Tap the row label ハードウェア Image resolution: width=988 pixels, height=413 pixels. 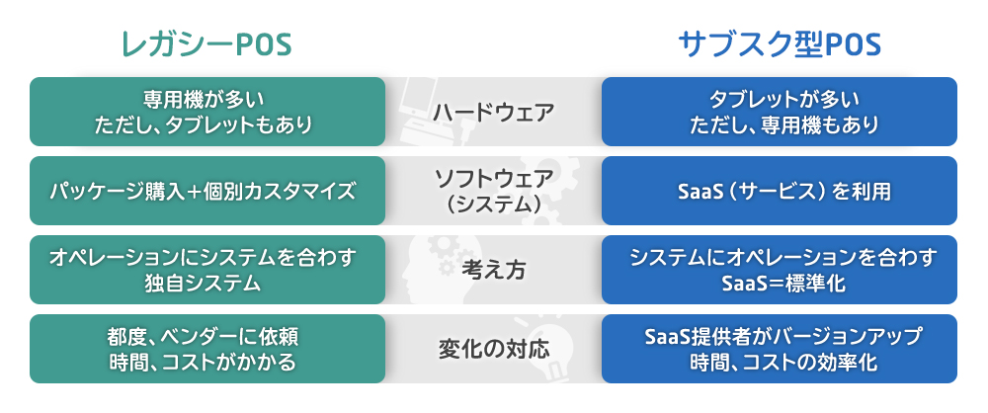(x=493, y=113)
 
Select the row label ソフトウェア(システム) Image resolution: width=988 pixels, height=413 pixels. (x=493, y=191)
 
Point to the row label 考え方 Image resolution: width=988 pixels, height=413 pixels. (x=493, y=270)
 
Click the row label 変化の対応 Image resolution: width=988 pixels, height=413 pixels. (x=493, y=349)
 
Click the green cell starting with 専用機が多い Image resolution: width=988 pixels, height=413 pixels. (x=207, y=112)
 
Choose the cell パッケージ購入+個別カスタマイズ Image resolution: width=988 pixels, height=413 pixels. (x=207, y=191)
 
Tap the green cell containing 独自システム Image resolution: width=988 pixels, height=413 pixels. (x=207, y=270)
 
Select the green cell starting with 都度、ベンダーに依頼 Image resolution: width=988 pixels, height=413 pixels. (x=207, y=349)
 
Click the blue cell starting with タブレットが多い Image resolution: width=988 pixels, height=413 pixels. (x=780, y=112)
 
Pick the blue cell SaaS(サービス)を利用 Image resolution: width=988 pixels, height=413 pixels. (x=780, y=191)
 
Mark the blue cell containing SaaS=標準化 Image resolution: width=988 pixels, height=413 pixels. (x=780, y=270)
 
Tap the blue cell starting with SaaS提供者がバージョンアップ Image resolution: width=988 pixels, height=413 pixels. (x=780, y=349)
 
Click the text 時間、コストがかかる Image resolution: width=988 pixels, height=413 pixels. (x=203, y=363)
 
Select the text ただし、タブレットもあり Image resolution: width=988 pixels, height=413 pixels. (x=204, y=125)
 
